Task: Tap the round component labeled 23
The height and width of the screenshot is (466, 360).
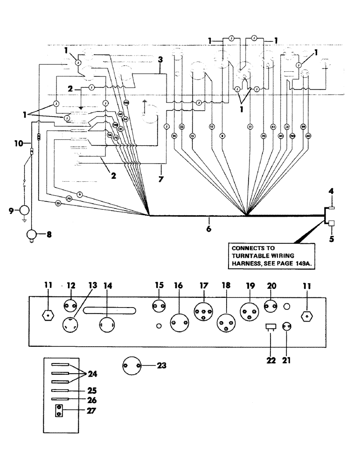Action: point(132,367)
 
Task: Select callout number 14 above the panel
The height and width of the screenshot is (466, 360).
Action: point(108,286)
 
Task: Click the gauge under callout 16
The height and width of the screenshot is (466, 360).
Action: point(180,322)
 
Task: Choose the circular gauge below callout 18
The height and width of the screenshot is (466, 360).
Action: point(227,322)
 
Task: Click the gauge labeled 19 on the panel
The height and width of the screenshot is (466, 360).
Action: point(250,311)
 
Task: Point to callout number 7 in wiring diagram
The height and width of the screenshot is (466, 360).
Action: point(162,179)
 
